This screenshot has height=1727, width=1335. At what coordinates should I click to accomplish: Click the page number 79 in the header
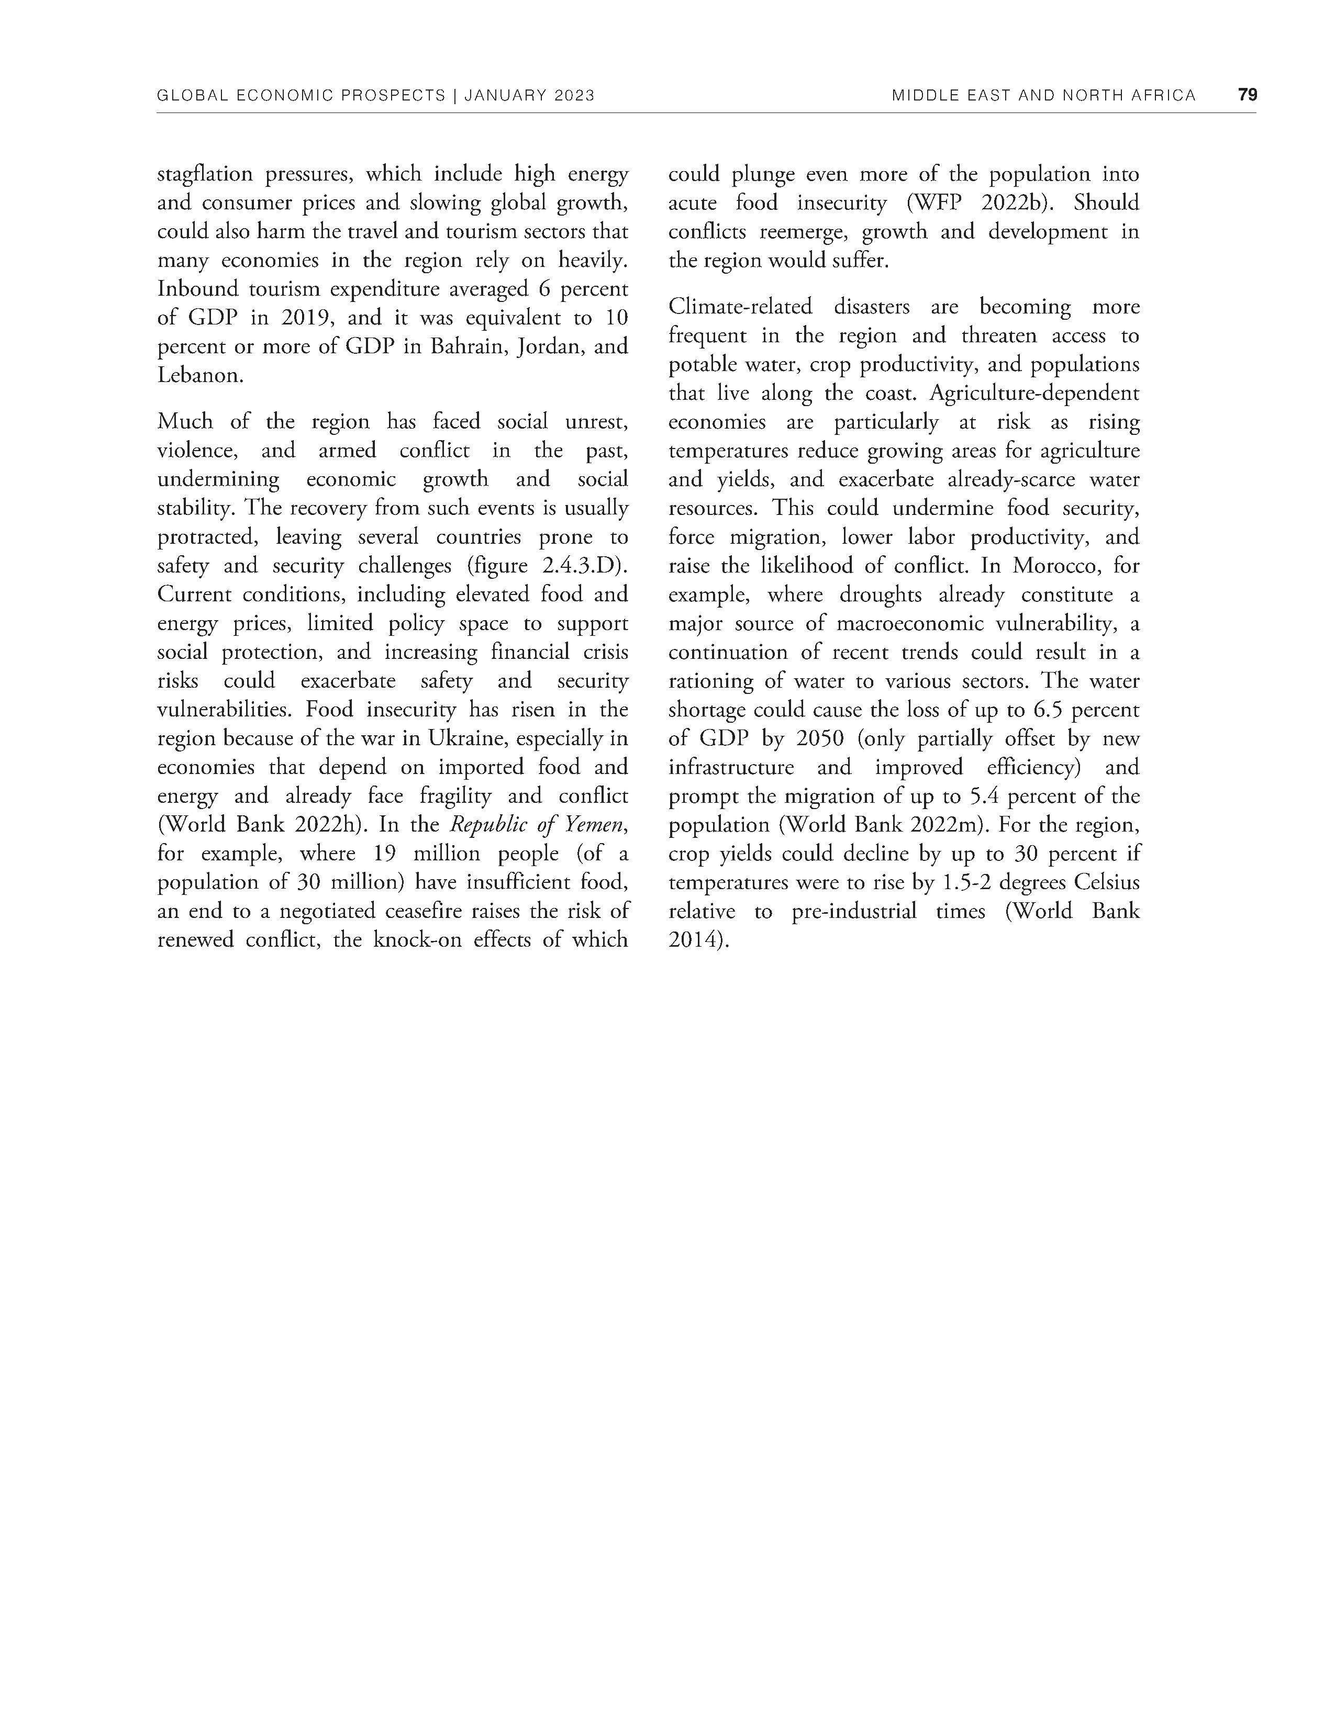(x=1247, y=95)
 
